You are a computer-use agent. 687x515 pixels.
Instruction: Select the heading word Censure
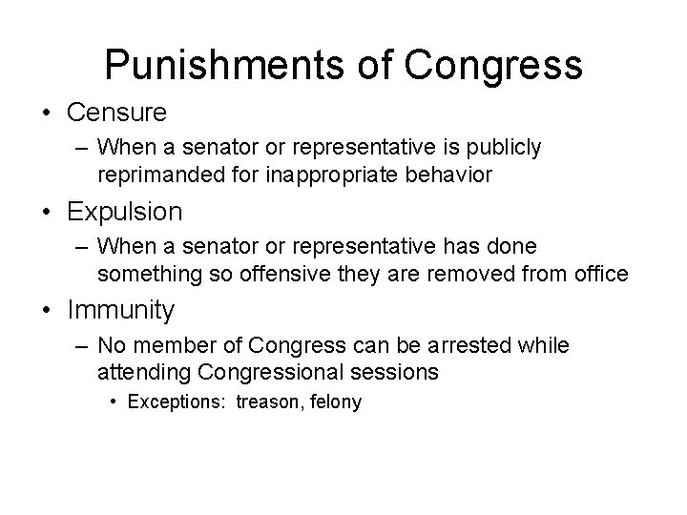[x=117, y=113]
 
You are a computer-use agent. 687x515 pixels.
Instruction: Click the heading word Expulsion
[x=125, y=211]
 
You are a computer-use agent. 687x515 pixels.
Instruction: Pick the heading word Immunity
[x=121, y=309]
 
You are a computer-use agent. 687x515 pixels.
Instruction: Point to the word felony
[x=331, y=402]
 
